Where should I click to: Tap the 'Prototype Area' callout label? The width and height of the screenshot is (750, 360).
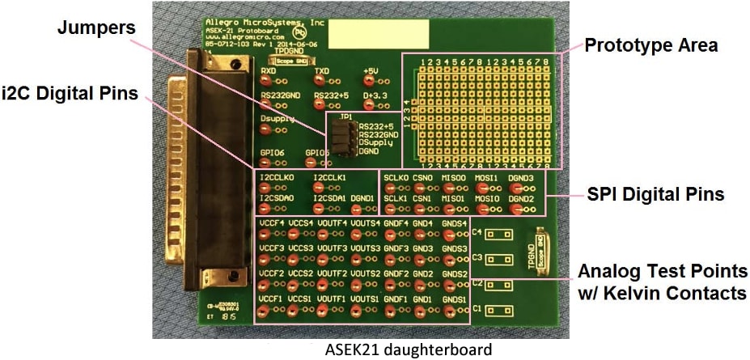click(651, 45)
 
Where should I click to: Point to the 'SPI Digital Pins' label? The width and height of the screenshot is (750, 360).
click(655, 194)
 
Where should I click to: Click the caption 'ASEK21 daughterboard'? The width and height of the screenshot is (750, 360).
click(409, 349)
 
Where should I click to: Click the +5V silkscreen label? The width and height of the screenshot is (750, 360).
click(371, 71)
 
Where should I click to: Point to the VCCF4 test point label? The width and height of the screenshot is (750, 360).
click(271, 222)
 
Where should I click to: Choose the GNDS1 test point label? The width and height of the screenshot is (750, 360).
click(454, 299)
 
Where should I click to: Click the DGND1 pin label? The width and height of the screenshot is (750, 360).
click(362, 197)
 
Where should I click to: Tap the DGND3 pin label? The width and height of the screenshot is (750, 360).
click(520, 176)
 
